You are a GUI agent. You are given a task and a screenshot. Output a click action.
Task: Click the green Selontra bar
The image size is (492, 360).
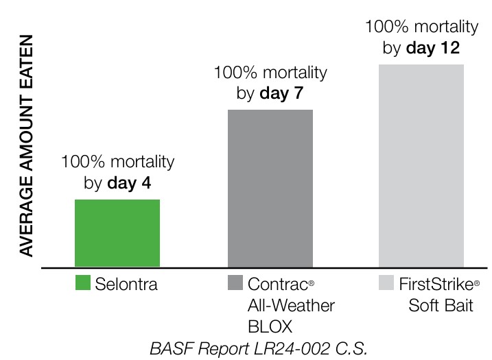tap(117, 233)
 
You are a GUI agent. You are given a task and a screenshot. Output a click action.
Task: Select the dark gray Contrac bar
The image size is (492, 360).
tap(270, 188)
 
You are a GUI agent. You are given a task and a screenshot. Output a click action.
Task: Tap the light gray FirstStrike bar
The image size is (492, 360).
tap(421, 165)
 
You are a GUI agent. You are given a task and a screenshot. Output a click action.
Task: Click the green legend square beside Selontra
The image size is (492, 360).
tap(83, 283)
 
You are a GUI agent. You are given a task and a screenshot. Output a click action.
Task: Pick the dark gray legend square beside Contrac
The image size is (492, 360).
tap(235, 283)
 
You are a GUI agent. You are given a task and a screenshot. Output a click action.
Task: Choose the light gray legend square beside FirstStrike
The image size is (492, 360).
tap(386, 283)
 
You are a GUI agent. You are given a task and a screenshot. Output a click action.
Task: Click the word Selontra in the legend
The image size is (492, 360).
tap(126, 284)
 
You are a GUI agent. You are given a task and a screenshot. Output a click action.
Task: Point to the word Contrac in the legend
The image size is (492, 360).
tap(274, 284)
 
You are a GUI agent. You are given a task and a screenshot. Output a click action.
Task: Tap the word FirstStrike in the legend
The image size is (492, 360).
tap(436, 284)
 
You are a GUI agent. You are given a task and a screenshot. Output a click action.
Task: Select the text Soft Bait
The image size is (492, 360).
tap(441, 304)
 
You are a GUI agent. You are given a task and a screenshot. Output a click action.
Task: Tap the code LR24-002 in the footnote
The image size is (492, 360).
tap(263, 347)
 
